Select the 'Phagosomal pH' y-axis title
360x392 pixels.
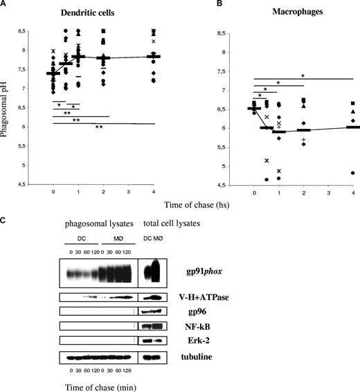coord(6,104)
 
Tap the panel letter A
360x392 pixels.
coord(5,5)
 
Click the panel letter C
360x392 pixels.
coord(5,222)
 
